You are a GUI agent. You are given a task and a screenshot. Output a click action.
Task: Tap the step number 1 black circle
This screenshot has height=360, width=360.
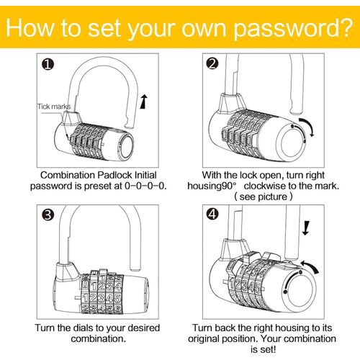click(48, 65)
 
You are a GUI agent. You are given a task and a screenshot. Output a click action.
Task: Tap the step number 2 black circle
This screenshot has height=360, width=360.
click(212, 63)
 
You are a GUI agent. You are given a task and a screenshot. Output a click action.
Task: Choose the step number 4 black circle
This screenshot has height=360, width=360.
click(212, 213)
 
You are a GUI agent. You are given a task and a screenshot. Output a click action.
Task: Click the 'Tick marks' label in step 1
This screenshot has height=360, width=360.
click(54, 107)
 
